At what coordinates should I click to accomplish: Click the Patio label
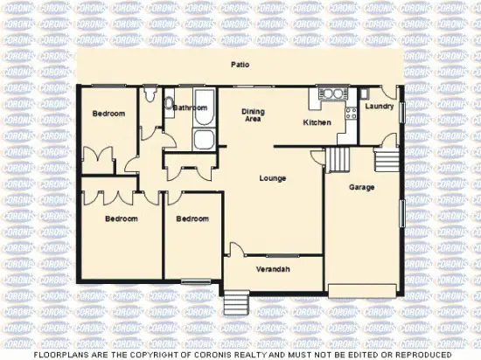238,65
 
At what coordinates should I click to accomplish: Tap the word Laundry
380,107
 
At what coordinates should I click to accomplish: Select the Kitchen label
317,122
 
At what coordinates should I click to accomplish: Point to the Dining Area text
253,116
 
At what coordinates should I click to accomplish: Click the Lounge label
273,178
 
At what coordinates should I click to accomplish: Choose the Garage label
362,187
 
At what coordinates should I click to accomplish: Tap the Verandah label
272,269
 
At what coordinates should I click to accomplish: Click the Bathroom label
189,107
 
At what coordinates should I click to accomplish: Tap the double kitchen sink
331,93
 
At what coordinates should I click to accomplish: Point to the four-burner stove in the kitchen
351,113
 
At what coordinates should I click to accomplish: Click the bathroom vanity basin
169,104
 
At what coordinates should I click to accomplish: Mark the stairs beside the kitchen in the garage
338,159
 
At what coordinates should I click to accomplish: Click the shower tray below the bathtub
203,139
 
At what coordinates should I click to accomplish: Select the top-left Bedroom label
109,114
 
